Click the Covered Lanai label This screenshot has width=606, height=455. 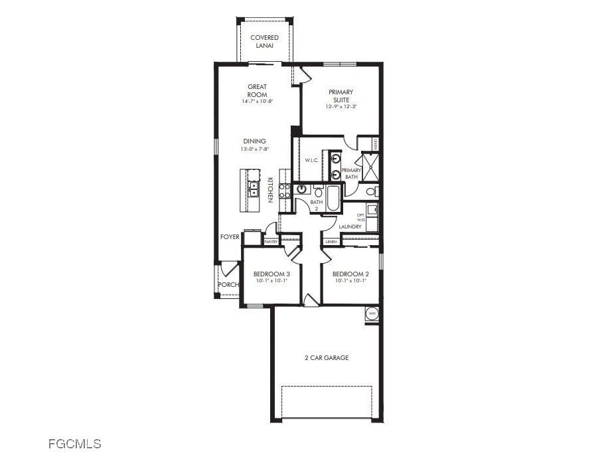(x=264, y=41)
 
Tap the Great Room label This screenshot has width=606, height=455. (x=258, y=90)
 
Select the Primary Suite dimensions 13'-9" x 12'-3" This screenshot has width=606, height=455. (x=341, y=107)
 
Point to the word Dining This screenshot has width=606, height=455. (x=254, y=141)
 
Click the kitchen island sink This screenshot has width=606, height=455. (x=254, y=189)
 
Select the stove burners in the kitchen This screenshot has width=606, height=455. (x=284, y=191)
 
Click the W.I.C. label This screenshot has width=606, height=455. (x=313, y=161)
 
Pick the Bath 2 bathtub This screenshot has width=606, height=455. (x=333, y=197)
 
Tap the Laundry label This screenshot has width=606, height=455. (x=350, y=227)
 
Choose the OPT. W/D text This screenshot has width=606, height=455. (x=361, y=217)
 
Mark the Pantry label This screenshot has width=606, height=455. (x=271, y=242)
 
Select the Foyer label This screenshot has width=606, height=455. (x=230, y=236)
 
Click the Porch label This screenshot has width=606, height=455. (x=228, y=285)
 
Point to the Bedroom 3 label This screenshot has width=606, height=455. (x=271, y=274)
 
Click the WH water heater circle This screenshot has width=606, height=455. (x=372, y=314)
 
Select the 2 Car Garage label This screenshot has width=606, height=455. (x=327, y=358)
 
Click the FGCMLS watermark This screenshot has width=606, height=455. (x=74, y=443)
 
